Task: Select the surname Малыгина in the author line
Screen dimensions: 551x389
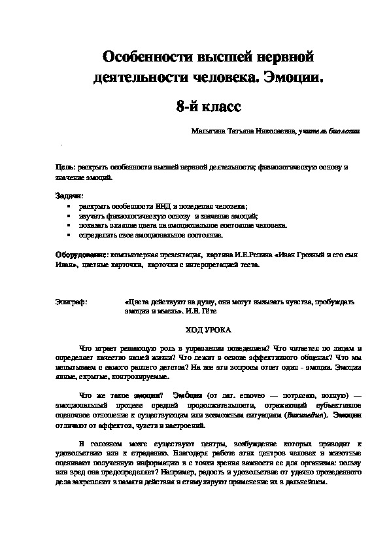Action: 207,132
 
